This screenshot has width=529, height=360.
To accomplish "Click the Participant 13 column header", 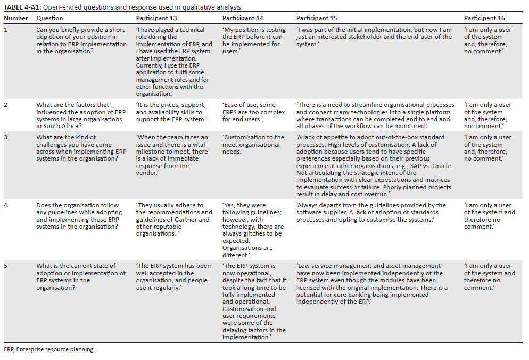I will pos(156,18).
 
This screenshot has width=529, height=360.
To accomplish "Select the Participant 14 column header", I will pos(243,18).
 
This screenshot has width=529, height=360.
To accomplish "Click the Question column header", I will pos(49,18).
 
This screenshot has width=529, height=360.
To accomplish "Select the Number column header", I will pos(16,18).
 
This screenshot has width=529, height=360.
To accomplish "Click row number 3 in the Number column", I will pos(6,137).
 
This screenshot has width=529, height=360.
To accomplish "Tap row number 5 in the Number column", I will pos(6,266).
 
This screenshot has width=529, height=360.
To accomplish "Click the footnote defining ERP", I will pos(49,349).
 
